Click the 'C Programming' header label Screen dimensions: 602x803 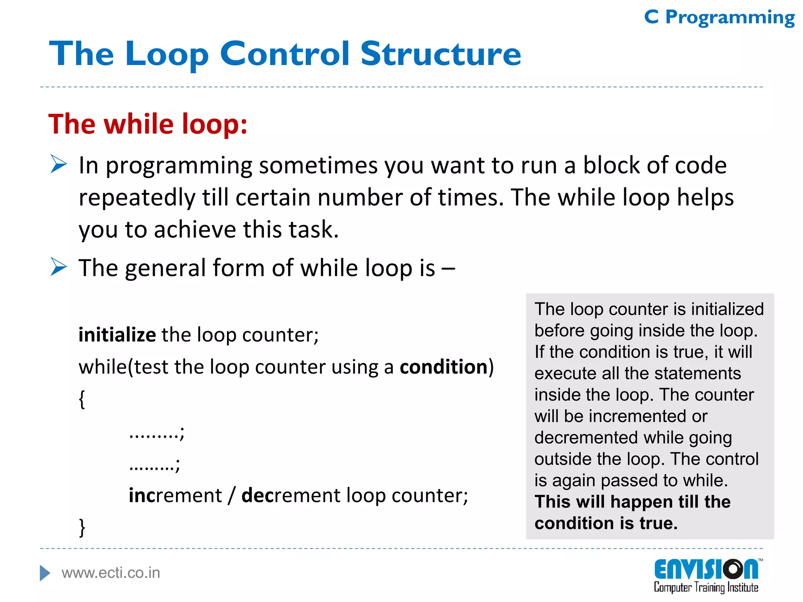tap(719, 18)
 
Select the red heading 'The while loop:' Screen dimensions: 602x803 tap(148, 124)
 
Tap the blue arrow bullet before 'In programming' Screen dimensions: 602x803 tap(59, 164)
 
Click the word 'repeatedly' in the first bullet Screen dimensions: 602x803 tap(136, 198)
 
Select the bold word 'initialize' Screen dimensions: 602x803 tap(117, 335)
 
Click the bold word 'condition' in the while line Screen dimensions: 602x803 tap(443, 367)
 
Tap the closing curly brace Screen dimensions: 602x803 tap(82, 528)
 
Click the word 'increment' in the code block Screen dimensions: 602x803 tap(175, 495)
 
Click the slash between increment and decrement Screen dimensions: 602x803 tap(232, 495)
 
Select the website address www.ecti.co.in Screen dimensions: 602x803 tap(111, 573)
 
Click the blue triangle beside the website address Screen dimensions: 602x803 tap(45, 573)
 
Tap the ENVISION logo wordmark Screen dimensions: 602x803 tap(706, 569)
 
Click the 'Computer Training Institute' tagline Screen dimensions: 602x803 tap(706, 587)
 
